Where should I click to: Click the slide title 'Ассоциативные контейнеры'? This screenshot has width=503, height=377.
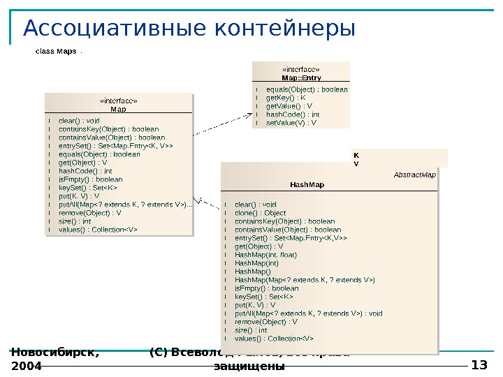coord(189,29)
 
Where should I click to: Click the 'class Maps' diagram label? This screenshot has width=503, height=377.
coord(56,52)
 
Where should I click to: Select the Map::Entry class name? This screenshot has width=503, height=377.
coord(301,78)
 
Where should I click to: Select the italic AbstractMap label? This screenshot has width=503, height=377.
coord(415,175)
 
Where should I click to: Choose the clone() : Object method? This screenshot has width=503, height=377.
coord(260,213)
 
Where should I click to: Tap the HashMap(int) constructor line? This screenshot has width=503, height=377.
coord(256,263)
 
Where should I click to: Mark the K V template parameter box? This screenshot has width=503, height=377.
coord(400,158)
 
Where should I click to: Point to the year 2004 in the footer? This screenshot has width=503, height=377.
coord(27,366)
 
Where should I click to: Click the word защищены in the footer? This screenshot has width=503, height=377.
coord(249,367)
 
